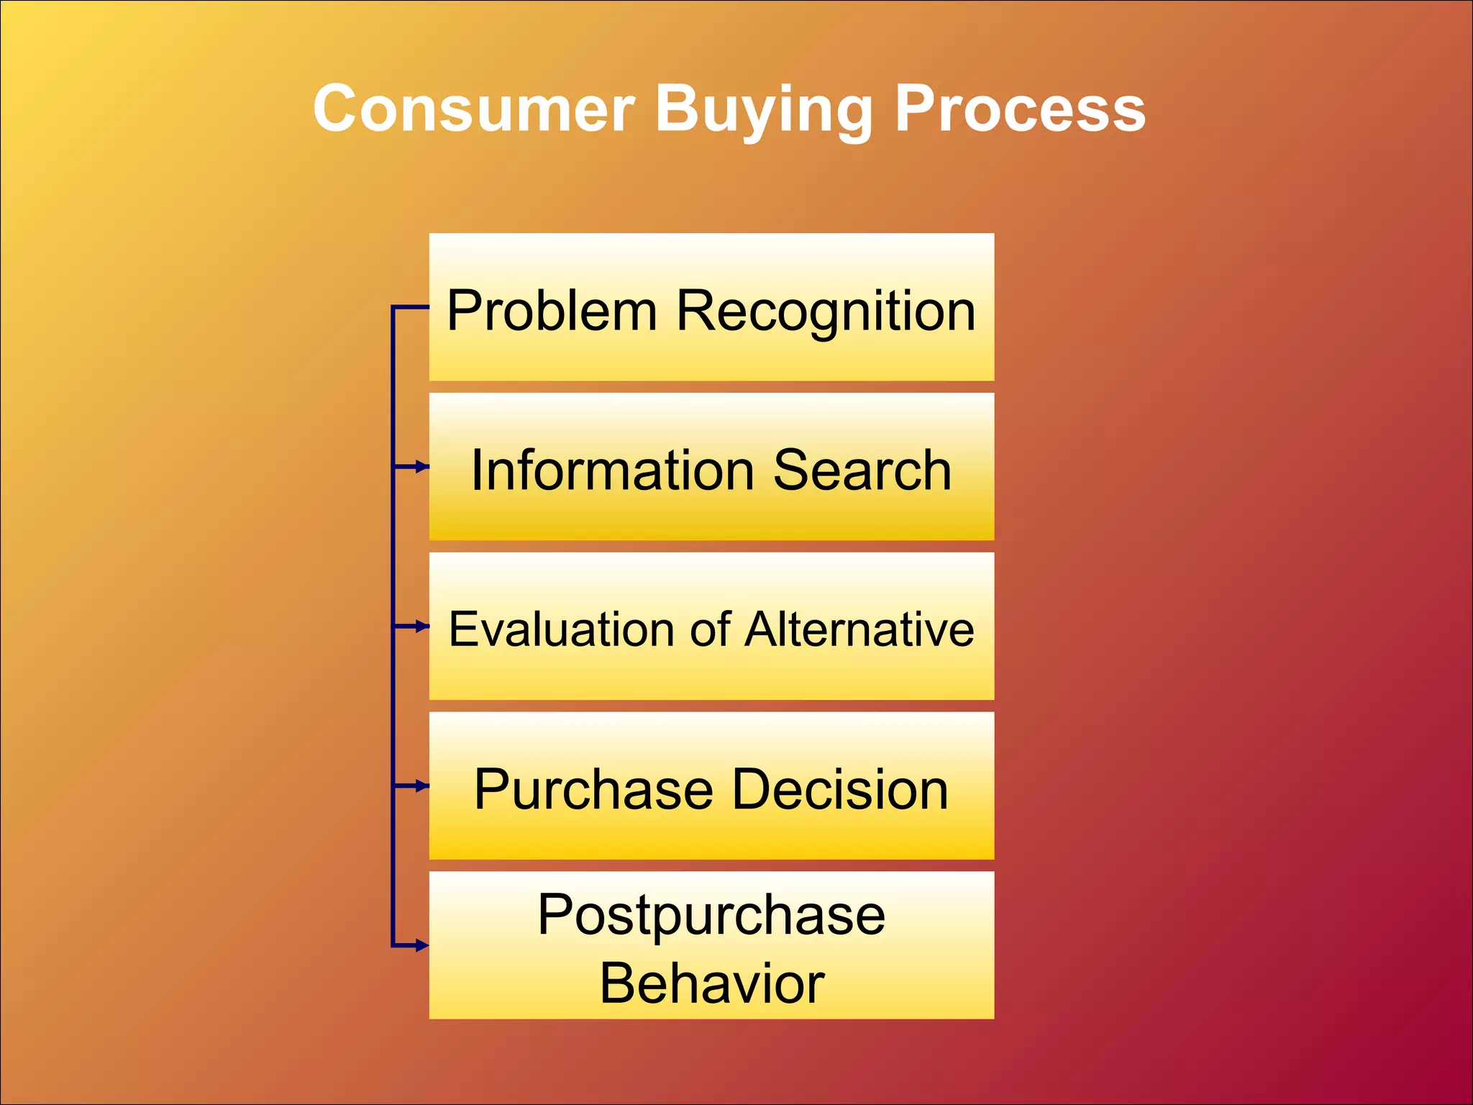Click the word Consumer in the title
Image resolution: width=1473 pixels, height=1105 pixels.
point(474,109)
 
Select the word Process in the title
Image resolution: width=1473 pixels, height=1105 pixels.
point(1020,109)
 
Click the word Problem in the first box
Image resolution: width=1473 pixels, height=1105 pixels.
point(552,311)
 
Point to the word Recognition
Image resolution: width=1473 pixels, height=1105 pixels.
point(826,311)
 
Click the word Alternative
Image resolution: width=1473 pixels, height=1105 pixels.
point(859,629)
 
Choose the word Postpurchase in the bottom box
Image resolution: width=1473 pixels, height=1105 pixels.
point(711,915)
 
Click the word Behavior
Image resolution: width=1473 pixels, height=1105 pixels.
point(711,983)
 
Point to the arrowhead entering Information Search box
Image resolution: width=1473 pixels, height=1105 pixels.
point(423,467)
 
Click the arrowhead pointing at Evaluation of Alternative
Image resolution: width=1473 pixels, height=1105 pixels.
point(423,627)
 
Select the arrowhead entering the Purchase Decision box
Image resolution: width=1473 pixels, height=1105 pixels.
point(423,786)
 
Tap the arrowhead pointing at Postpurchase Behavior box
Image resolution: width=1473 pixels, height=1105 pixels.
point(423,945)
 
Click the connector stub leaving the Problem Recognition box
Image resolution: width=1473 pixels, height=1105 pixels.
point(411,307)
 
